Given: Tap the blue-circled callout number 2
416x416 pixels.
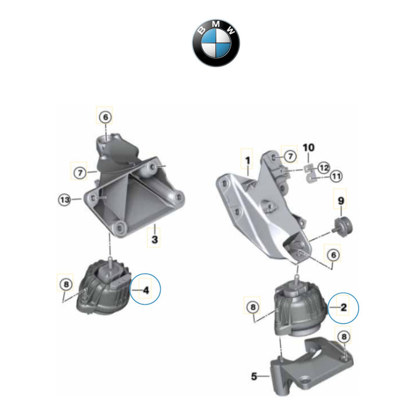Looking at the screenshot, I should point(344,307).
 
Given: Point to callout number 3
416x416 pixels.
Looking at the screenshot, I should point(154,240).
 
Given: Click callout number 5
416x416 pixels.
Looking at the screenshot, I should point(254,376).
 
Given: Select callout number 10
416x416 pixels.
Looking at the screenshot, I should point(309,147).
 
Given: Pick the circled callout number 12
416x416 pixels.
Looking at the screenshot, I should point(323,167).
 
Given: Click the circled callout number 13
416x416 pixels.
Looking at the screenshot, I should point(64,199).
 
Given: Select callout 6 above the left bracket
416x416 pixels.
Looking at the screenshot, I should point(106,118).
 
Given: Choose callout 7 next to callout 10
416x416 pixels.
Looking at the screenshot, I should point(290,155).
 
